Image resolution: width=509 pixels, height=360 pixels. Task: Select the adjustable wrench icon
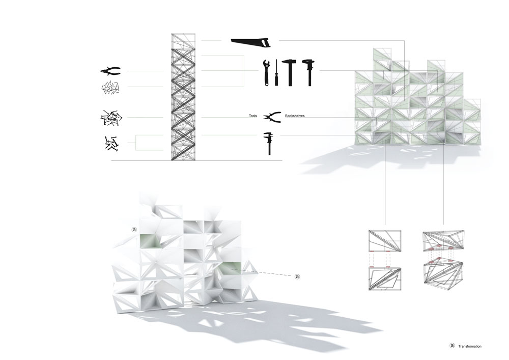pyautogui.click(x=266, y=73)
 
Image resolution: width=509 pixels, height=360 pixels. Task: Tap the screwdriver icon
pyautogui.click(x=276, y=73)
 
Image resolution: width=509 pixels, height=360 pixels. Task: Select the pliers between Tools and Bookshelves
pyautogui.click(x=272, y=117)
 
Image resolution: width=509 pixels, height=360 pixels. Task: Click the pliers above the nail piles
pyautogui.click(x=110, y=71)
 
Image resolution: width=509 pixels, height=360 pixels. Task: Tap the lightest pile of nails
pyautogui.click(x=111, y=88)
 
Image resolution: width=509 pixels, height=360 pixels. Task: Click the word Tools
pyautogui.click(x=253, y=116)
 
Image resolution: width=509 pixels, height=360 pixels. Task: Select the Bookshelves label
pyautogui.click(x=295, y=116)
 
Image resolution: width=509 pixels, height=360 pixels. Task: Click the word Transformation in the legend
pyautogui.click(x=470, y=347)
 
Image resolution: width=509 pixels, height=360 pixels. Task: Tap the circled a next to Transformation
pyautogui.click(x=452, y=346)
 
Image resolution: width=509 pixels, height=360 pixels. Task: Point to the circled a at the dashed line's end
pyautogui.click(x=297, y=276)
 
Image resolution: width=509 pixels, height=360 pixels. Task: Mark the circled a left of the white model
pyautogui.click(x=134, y=230)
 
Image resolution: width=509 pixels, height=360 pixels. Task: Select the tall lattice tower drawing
pyautogui.click(x=183, y=97)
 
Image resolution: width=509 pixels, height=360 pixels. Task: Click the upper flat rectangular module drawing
pyautogui.click(x=385, y=240)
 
